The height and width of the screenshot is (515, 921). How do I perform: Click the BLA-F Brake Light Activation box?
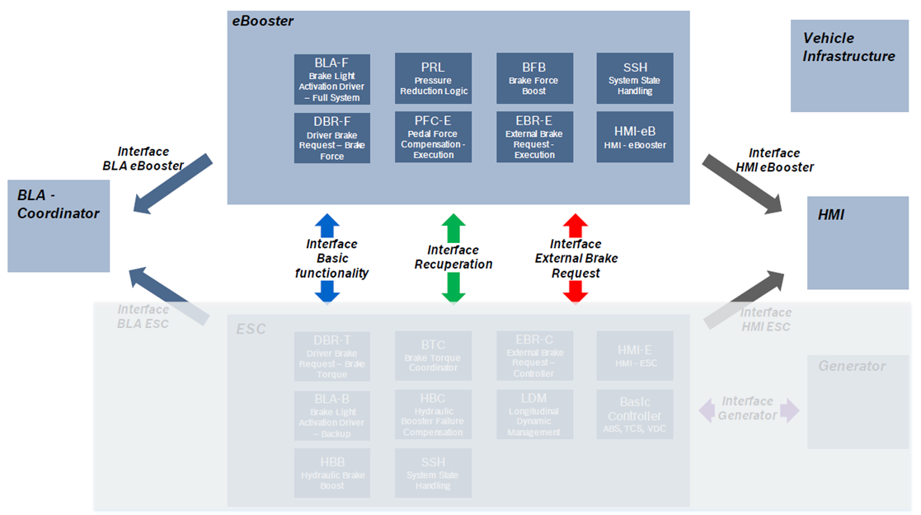coord(332,79)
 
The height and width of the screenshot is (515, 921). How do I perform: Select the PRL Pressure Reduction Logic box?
coord(433,79)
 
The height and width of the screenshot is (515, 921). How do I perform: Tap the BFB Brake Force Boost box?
coord(533,79)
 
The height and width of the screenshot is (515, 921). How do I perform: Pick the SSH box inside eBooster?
coord(634,79)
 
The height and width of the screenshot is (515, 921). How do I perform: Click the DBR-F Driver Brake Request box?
coord(332,138)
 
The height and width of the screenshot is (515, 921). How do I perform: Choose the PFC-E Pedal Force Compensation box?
coord(433,138)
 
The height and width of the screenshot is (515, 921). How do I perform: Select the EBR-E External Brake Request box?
coord(533,138)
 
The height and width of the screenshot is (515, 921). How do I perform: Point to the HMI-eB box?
coord(634,138)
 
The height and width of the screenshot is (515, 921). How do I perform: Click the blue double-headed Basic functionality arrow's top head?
coord(327,224)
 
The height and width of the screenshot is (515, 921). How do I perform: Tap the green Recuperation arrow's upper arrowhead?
coord(453,225)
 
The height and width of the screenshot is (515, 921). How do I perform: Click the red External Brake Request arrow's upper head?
coord(575,224)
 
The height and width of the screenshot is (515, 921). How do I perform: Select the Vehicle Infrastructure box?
coord(848,66)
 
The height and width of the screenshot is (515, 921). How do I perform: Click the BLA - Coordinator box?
coord(59,225)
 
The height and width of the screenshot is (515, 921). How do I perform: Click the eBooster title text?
coord(262,21)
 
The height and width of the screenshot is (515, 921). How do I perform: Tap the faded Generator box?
coord(858,401)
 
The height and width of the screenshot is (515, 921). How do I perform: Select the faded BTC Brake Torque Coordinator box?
coord(433,356)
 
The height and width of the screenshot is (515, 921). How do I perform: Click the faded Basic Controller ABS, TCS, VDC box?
coord(634,414)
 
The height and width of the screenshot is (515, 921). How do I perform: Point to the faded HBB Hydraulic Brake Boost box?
coord(332,473)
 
